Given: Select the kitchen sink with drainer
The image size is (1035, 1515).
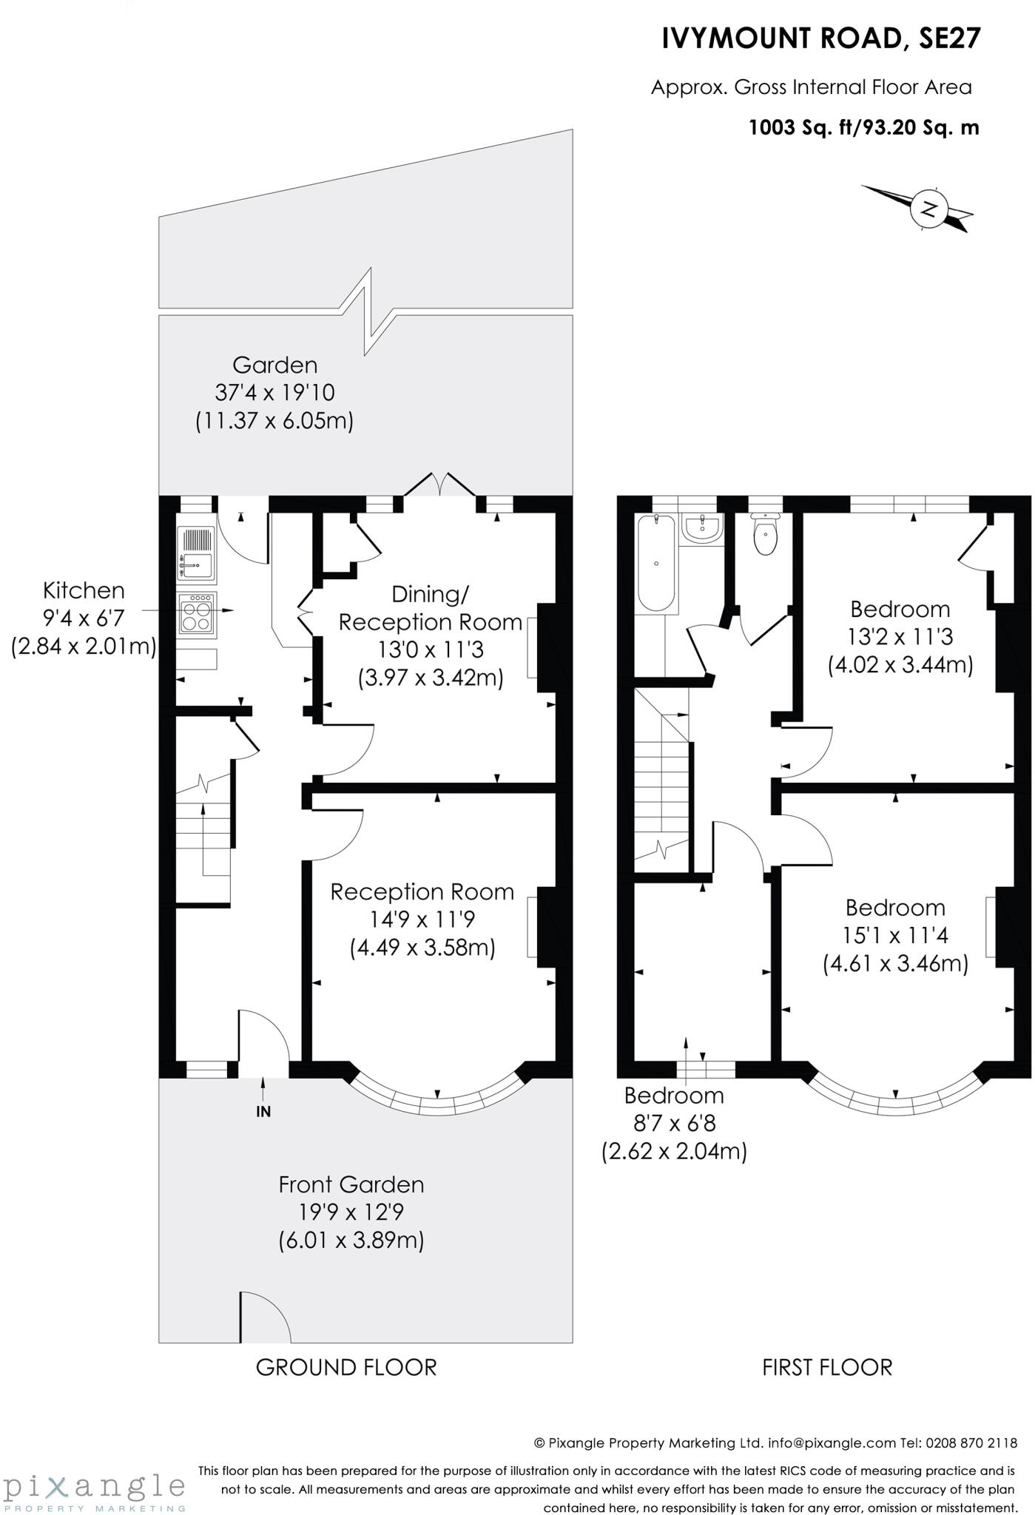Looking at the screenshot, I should pyautogui.click(x=196, y=553).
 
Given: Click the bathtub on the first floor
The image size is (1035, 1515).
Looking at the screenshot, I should pyautogui.click(x=656, y=563).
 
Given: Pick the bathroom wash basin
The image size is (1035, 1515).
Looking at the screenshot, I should pyautogui.click(x=701, y=528).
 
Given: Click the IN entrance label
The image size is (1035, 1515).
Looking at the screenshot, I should pyautogui.click(x=263, y=1111).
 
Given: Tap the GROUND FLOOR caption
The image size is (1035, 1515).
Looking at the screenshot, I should pyautogui.click(x=346, y=1367).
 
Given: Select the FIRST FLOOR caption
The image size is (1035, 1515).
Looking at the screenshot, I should pyautogui.click(x=827, y=1367).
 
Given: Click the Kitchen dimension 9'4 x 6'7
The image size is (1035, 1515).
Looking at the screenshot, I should pyautogui.click(x=84, y=618).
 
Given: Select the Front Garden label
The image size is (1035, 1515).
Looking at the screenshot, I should pyautogui.click(x=351, y=1184).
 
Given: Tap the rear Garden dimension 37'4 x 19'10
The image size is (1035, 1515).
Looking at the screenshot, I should pyautogui.click(x=274, y=393).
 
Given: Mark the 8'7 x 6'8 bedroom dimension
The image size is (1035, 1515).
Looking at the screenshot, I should pyautogui.click(x=674, y=1123).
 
